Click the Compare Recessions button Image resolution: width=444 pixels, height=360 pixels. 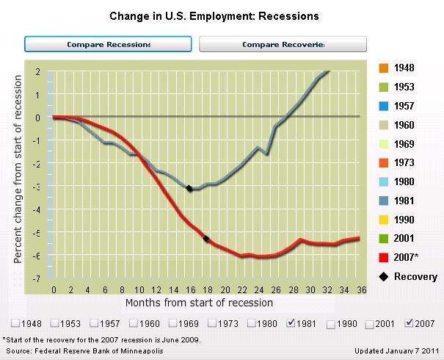pyautogui.click(x=109, y=44)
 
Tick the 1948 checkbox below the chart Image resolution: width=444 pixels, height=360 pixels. pyautogui.click(x=15, y=324)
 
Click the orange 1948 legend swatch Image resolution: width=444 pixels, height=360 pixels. pyautogui.click(x=384, y=68)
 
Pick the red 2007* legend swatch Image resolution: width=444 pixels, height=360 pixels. pyautogui.click(x=384, y=257)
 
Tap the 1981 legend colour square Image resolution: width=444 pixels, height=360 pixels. pyautogui.click(x=384, y=201)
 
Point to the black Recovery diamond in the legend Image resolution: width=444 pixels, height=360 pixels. pyautogui.click(x=384, y=277)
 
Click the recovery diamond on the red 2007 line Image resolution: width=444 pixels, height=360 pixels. pyautogui.click(x=206, y=238)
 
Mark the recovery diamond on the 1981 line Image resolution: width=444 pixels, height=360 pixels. pyautogui.click(x=189, y=189)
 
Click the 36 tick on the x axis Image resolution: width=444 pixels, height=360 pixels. pyautogui.click(x=359, y=289)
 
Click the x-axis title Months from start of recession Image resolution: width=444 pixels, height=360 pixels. pyautogui.click(x=199, y=303)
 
